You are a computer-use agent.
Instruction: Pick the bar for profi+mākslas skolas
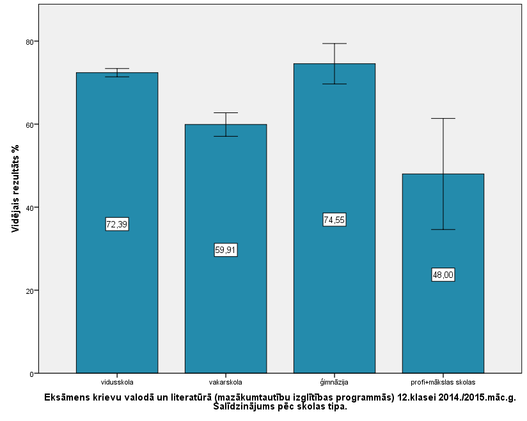(x=443, y=319)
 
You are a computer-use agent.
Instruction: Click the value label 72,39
(x=117, y=224)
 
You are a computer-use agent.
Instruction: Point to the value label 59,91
(x=226, y=250)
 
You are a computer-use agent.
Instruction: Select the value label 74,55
(x=334, y=220)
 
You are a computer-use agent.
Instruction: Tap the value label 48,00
(x=443, y=275)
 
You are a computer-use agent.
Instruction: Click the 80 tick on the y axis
(x=29, y=42)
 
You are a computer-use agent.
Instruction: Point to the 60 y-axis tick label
(x=29, y=125)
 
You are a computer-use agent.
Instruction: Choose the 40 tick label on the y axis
(x=29, y=208)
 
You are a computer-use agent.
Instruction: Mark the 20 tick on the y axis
(x=29, y=291)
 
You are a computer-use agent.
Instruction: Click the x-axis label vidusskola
(x=117, y=382)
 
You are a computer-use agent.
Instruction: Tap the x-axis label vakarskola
(x=226, y=382)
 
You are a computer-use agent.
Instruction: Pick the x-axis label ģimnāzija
(x=334, y=382)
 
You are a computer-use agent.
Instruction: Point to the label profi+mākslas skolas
(x=443, y=382)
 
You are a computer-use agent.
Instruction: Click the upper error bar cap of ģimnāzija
(x=334, y=43)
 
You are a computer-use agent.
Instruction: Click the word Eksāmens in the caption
(x=67, y=397)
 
